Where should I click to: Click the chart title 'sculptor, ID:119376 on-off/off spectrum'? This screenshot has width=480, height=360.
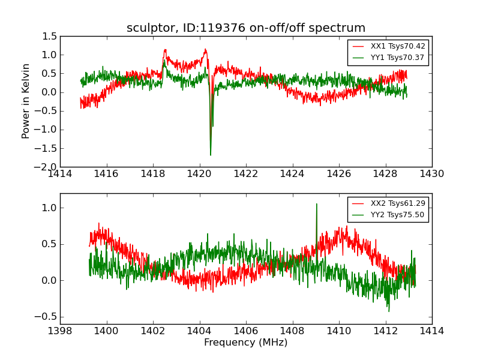pyautogui.click(x=246, y=28)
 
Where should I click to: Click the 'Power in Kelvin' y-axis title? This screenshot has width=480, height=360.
pyautogui.click(x=26, y=101)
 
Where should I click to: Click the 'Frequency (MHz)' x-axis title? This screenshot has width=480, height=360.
pyautogui.click(x=246, y=343)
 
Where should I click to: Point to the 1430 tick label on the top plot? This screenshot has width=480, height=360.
pyautogui.click(x=432, y=174)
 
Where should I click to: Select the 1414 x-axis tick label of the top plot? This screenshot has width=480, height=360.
pyautogui.click(x=60, y=174)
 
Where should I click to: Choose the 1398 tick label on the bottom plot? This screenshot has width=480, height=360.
pyautogui.click(x=60, y=331)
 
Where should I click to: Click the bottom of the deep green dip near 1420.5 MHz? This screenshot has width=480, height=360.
pyautogui.click(x=211, y=155)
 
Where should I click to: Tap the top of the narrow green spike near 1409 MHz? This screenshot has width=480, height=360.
pyautogui.click(x=317, y=203)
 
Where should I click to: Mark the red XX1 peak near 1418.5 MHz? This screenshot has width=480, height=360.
pyautogui.click(x=165, y=50)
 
